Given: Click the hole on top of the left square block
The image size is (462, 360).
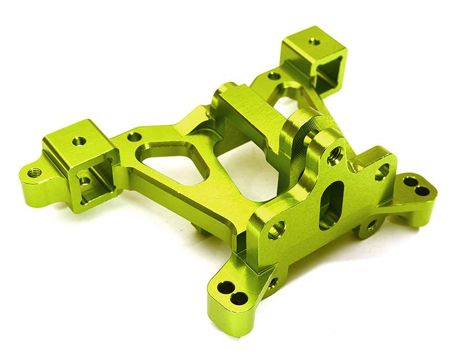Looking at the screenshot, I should (80, 141).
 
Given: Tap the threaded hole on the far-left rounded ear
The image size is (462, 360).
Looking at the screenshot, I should (35, 172).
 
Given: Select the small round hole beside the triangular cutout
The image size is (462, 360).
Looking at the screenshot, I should (134, 137).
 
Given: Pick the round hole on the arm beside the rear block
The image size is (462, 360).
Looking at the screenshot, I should (274, 76).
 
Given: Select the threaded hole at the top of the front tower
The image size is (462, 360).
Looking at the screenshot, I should (334, 155).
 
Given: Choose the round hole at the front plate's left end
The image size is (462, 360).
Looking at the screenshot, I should (276, 230).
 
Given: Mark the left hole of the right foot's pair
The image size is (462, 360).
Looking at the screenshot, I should (410, 182).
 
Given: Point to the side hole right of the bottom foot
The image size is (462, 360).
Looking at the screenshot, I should (272, 283).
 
